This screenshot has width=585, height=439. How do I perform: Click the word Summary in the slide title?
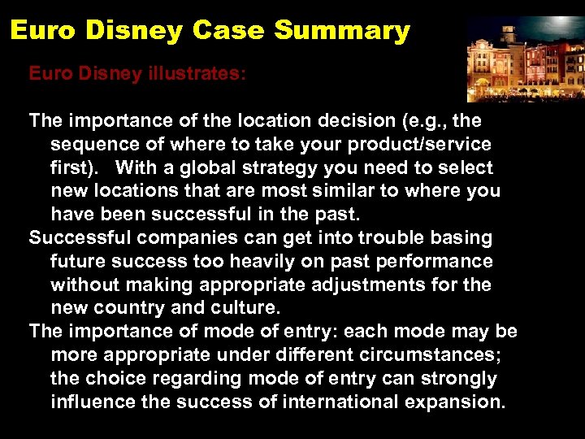coord(342,31)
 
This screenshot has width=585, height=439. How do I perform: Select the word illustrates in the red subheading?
coord(195,73)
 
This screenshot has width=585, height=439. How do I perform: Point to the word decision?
coord(353,121)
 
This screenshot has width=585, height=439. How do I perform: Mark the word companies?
coord(183,238)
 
